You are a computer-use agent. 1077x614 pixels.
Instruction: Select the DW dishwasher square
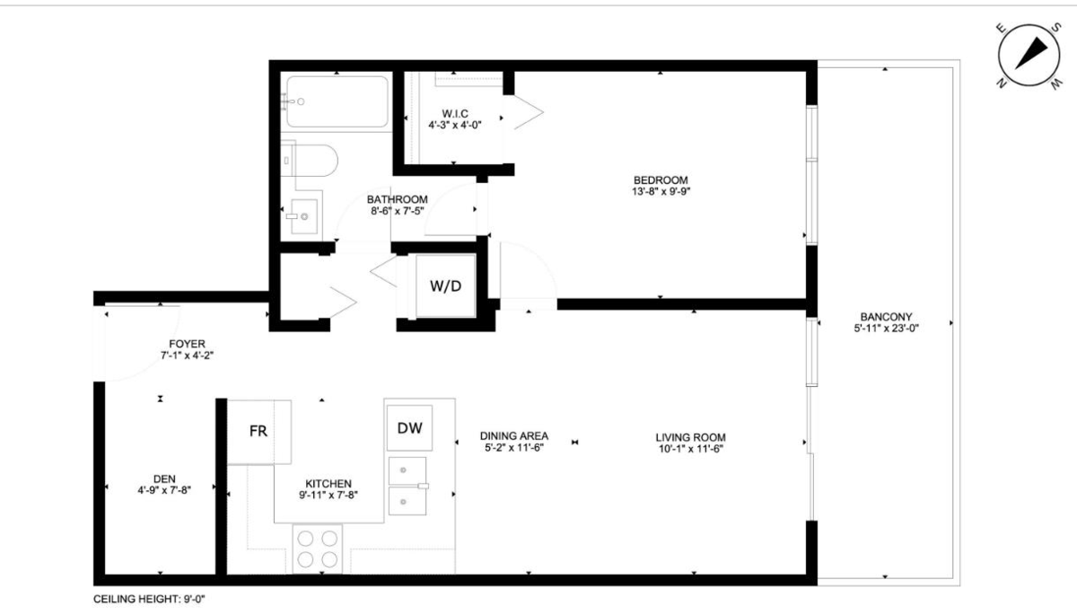point(409,427)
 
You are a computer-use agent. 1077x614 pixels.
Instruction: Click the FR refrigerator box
point(258,431)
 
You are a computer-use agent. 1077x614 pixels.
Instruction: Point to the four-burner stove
point(318,548)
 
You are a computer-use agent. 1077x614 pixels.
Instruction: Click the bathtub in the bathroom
point(336,101)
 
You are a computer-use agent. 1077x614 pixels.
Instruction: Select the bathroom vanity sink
point(300,215)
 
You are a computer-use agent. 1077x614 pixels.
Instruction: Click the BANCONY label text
point(886,317)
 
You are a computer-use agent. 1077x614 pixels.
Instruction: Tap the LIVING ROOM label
point(689,437)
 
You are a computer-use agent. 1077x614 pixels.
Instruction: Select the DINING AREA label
point(512,435)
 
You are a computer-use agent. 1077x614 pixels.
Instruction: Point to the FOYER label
point(187,343)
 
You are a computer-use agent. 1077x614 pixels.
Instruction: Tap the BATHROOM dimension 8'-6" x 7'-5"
point(397,210)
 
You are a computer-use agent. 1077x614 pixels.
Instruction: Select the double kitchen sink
point(408,486)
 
